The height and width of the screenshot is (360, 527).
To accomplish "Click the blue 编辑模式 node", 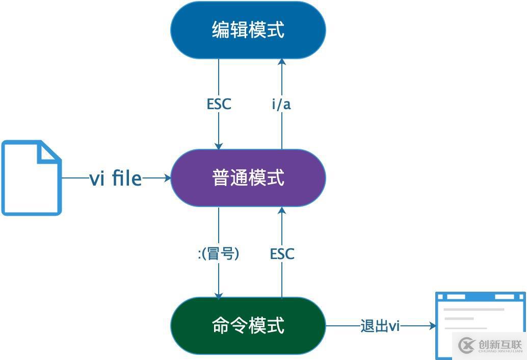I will pos(248,30).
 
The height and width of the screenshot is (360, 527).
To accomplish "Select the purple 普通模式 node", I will pos(248,178).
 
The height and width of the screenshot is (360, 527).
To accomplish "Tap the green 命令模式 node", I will pos(248,325).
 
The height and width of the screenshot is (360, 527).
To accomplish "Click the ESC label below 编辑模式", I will pos(219,104).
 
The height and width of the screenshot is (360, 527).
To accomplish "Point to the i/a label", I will pos(281,105).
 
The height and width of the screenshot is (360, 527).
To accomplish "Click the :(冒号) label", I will pos(219,253).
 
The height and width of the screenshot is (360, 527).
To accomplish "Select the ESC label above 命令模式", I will pos(282,253).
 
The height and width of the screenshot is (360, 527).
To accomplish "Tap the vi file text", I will pos(116,178).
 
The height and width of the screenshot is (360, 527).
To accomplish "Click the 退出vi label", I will pos(380,326).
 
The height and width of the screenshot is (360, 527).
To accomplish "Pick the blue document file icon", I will pos(32,178).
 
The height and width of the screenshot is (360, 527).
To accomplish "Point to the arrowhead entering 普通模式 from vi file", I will pos(167,178).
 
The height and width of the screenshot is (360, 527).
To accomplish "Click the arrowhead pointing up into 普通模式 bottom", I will pos(282,211).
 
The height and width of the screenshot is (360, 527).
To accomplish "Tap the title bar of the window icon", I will pos(480,297).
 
